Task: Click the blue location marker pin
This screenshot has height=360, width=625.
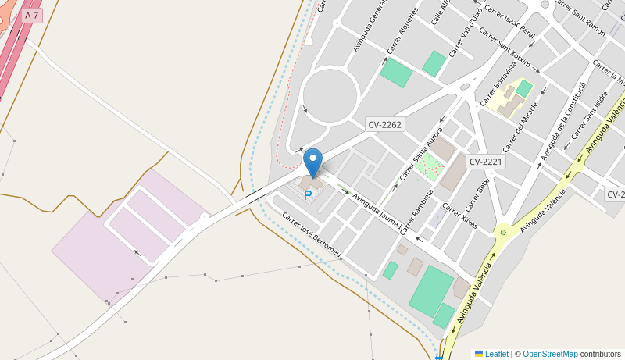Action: pyautogui.click(x=312, y=162)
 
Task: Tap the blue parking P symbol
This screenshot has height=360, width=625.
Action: pyautogui.click(x=308, y=195)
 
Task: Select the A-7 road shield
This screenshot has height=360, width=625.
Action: pyautogui.click(x=31, y=15)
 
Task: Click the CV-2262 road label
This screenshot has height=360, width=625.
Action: pyautogui.click(x=384, y=124)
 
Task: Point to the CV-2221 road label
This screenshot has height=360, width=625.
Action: pyautogui.click(x=486, y=162)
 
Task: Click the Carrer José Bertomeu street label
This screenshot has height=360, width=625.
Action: pyautogui.click(x=312, y=234)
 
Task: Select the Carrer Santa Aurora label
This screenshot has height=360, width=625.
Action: pyautogui.click(x=421, y=153)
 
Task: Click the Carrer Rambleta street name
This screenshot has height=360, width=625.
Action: pyautogui.click(x=416, y=211)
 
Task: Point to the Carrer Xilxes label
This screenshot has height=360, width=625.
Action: pyautogui.click(x=459, y=215)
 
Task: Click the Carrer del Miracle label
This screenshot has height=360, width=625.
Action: pyautogui.click(x=520, y=127)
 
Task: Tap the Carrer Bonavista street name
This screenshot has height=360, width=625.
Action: pyautogui.click(x=498, y=84)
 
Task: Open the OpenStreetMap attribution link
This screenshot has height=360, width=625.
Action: pyautogui.click(x=550, y=354)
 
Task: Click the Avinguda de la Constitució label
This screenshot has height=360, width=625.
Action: pyautogui.click(x=562, y=121)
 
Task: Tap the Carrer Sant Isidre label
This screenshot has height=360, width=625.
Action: pyautogui.click(x=590, y=115)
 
